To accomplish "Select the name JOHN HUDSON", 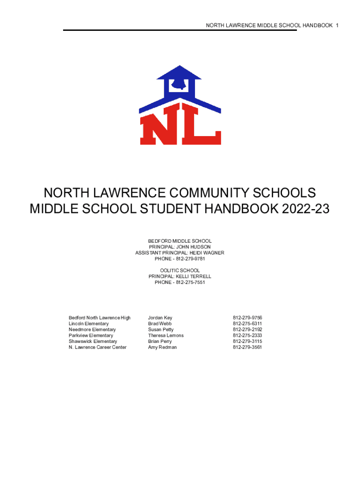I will (x=193, y=247).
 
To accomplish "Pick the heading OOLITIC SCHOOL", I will (x=180, y=270).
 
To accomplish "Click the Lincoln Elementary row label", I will (x=88, y=324).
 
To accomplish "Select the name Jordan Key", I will (x=160, y=318).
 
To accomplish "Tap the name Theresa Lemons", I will (x=166, y=335).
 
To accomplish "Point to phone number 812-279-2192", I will (x=247, y=330).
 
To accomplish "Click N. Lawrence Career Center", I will (x=97, y=347).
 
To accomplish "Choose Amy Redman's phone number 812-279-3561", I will (x=247, y=347).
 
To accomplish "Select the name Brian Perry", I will (x=160, y=341).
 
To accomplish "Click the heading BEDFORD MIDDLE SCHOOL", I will (x=180, y=241).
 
